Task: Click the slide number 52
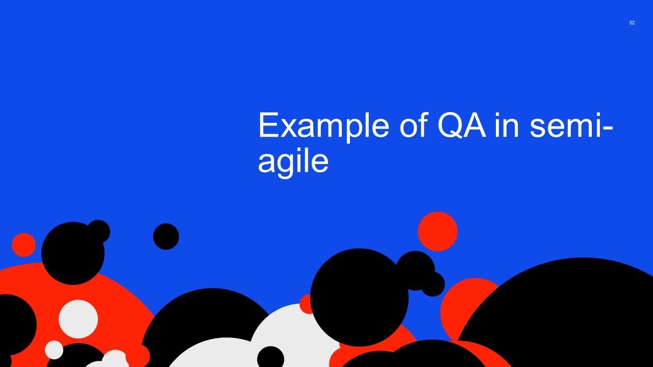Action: coord(632,23)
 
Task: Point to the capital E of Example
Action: coord(268,125)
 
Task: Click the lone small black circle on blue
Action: coord(166,237)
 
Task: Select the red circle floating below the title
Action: coord(437,231)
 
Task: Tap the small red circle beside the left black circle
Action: coord(23,245)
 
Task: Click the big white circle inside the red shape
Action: coord(78,319)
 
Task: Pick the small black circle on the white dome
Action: coord(270,357)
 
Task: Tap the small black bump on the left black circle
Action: coord(98,231)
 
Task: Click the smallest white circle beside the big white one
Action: coord(54,350)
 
